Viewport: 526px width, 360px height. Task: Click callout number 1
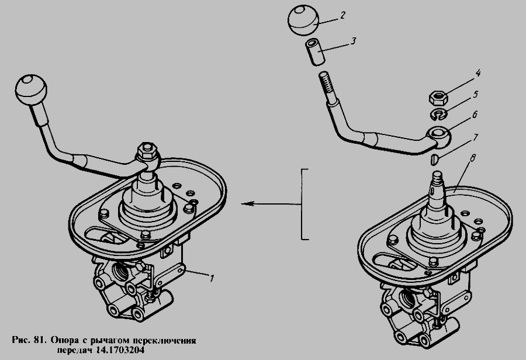tap(212, 278)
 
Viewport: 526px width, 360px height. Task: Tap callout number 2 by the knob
tap(342, 15)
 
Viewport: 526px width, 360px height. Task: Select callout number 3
tap(352, 41)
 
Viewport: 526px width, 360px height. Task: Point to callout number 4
tap(477, 73)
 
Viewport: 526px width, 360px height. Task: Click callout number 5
tap(475, 94)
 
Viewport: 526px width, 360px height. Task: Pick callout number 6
tap(475, 115)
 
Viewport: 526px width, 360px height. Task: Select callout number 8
tap(472, 158)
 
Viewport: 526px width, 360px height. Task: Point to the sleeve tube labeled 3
tap(315, 53)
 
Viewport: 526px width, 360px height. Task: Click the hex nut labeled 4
tap(439, 98)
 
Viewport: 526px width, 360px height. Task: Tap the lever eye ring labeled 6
tap(439, 134)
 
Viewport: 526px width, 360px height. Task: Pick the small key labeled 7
tap(434, 158)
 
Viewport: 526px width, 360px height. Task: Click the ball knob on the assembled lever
tap(31, 90)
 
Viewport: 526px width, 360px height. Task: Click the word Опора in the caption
tap(65, 340)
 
